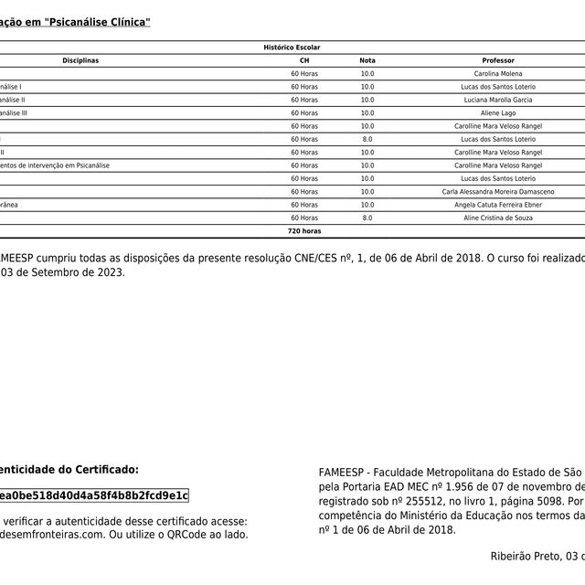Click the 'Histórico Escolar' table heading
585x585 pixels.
tap(292, 47)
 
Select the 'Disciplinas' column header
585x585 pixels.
tap(80, 60)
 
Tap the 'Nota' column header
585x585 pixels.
tap(367, 60)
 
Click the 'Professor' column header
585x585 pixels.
tap(498, 60)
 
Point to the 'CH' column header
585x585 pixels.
tap(304, 60)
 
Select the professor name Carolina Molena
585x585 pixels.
tap(498, 73)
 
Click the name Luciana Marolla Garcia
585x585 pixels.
tap(498, 100)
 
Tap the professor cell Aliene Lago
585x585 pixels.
tap(498, 112)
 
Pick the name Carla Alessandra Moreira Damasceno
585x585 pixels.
tap(498, 192)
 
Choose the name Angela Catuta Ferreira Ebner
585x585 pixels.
tap(498, 206)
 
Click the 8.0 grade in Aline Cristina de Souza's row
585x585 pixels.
tap(367, 218)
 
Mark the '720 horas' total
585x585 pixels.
tap(304, 232)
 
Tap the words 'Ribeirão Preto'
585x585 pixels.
tap(526, 555)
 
